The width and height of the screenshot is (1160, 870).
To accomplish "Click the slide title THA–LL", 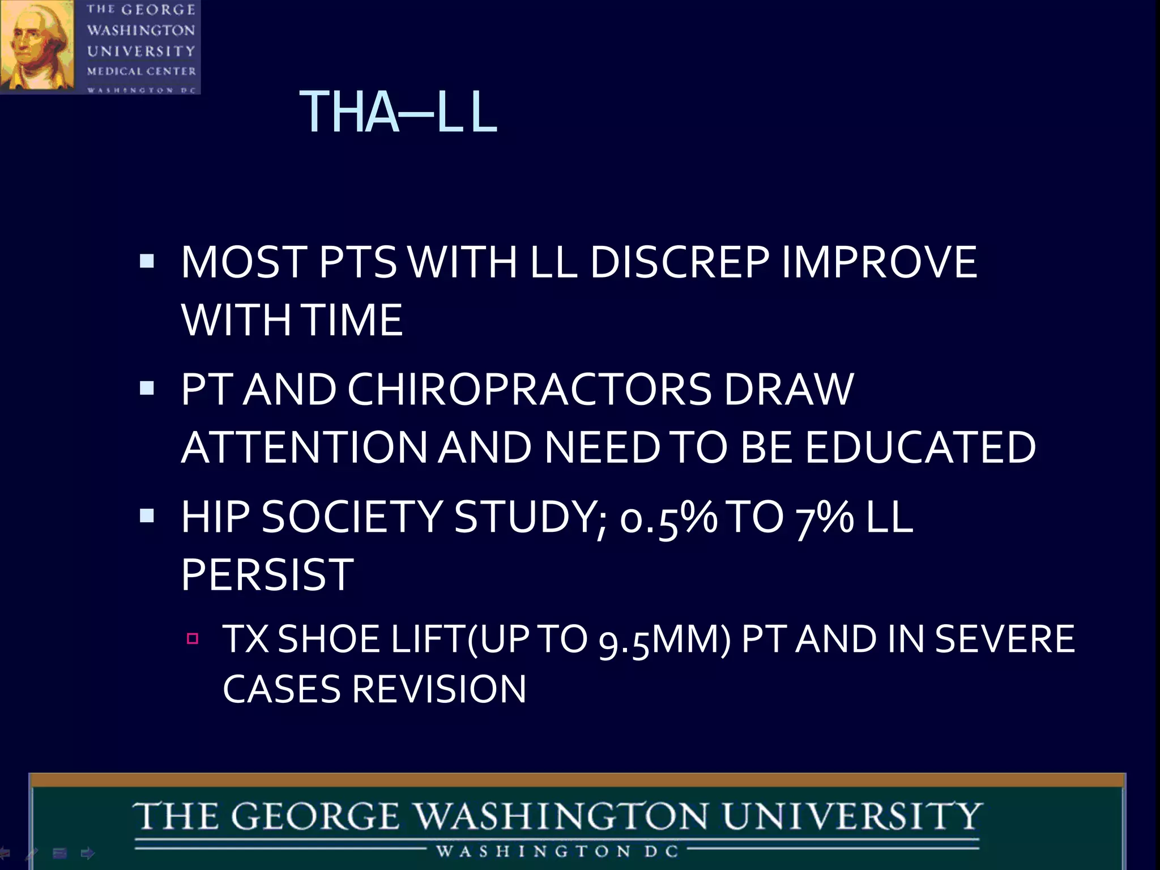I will coord(398,112).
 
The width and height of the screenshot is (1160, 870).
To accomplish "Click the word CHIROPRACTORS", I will coord(529,390).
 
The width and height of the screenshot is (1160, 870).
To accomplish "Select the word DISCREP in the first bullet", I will coord(679,262).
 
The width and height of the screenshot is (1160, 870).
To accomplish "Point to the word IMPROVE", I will coord(879,262).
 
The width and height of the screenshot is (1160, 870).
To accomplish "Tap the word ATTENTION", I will coord(304,447).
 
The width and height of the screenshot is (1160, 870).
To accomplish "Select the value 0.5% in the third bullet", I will coord(668,518).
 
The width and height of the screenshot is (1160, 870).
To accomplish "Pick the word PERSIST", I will coord(267,575).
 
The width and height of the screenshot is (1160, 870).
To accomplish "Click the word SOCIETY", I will coord(351,518).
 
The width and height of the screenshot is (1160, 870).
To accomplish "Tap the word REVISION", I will coord(439,690).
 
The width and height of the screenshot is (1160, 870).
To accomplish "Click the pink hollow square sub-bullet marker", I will coord(193,639).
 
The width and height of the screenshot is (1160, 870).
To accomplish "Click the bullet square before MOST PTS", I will coord(147,261).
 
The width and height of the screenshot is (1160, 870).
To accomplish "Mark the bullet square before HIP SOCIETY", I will coord(147,515).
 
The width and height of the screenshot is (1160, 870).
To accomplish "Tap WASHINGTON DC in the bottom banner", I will coord(557,851).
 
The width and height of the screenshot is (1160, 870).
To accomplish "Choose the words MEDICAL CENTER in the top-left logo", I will coord(142,71).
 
